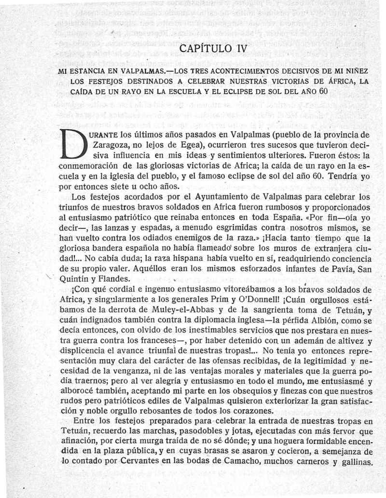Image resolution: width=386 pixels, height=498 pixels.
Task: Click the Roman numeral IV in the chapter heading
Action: pyautogui.click(x=238, y=49)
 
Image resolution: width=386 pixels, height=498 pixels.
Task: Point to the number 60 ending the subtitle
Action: pyautogui.click(x=323, y=91)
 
